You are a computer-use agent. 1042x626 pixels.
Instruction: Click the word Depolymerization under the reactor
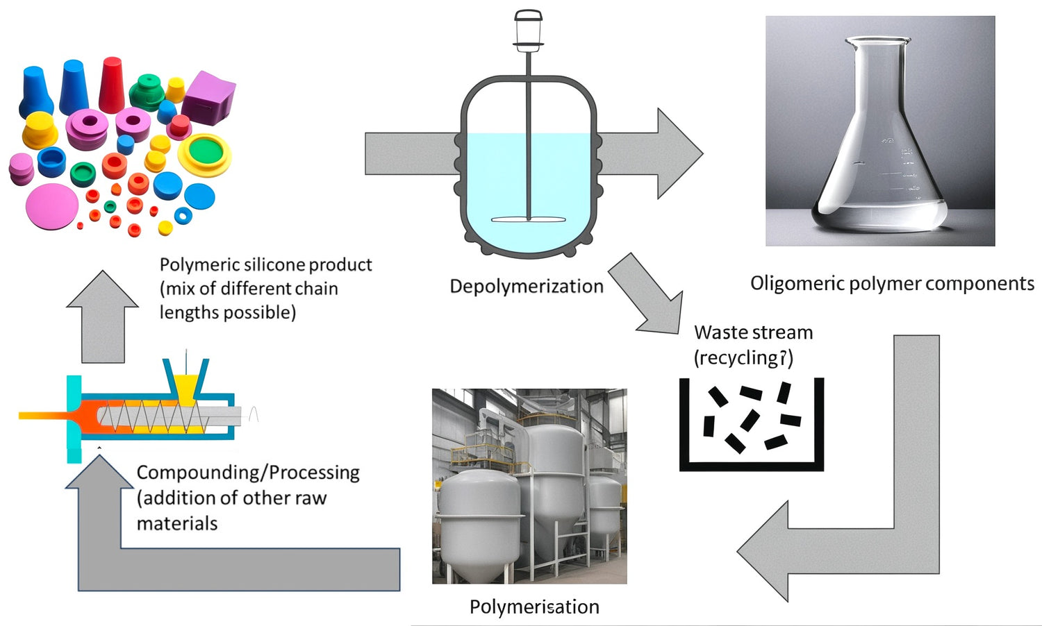(x=527, y=286)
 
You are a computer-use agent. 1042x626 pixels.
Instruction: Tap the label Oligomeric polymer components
(x=892, y=283)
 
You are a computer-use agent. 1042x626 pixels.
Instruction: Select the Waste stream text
(x=753, y=332)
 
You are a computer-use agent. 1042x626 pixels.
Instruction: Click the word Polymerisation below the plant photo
(x=534, y=607)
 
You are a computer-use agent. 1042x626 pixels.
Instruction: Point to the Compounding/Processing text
(x=248, y=473)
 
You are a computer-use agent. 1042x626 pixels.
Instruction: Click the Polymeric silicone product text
(x=265, y=264)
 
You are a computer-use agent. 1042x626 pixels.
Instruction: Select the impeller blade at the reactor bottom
(x=529, y=220)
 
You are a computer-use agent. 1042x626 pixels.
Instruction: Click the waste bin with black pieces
(x=751, y=425)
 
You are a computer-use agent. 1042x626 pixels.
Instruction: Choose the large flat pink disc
(x=51, y=207)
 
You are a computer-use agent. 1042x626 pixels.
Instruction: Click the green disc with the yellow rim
(x=205, y=153)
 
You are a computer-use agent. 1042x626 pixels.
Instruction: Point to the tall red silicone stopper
(x=111, y=85)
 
